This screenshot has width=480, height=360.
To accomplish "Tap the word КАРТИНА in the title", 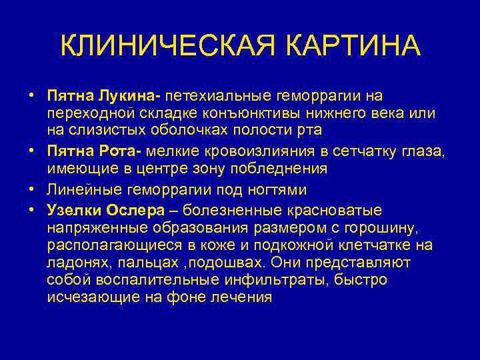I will tap(355, 46).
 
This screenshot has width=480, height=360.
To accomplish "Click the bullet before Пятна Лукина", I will tap(31, 99).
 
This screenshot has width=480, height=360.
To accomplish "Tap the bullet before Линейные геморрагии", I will tap(31, 190).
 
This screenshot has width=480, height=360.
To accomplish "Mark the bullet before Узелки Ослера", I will tap(31, 211).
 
